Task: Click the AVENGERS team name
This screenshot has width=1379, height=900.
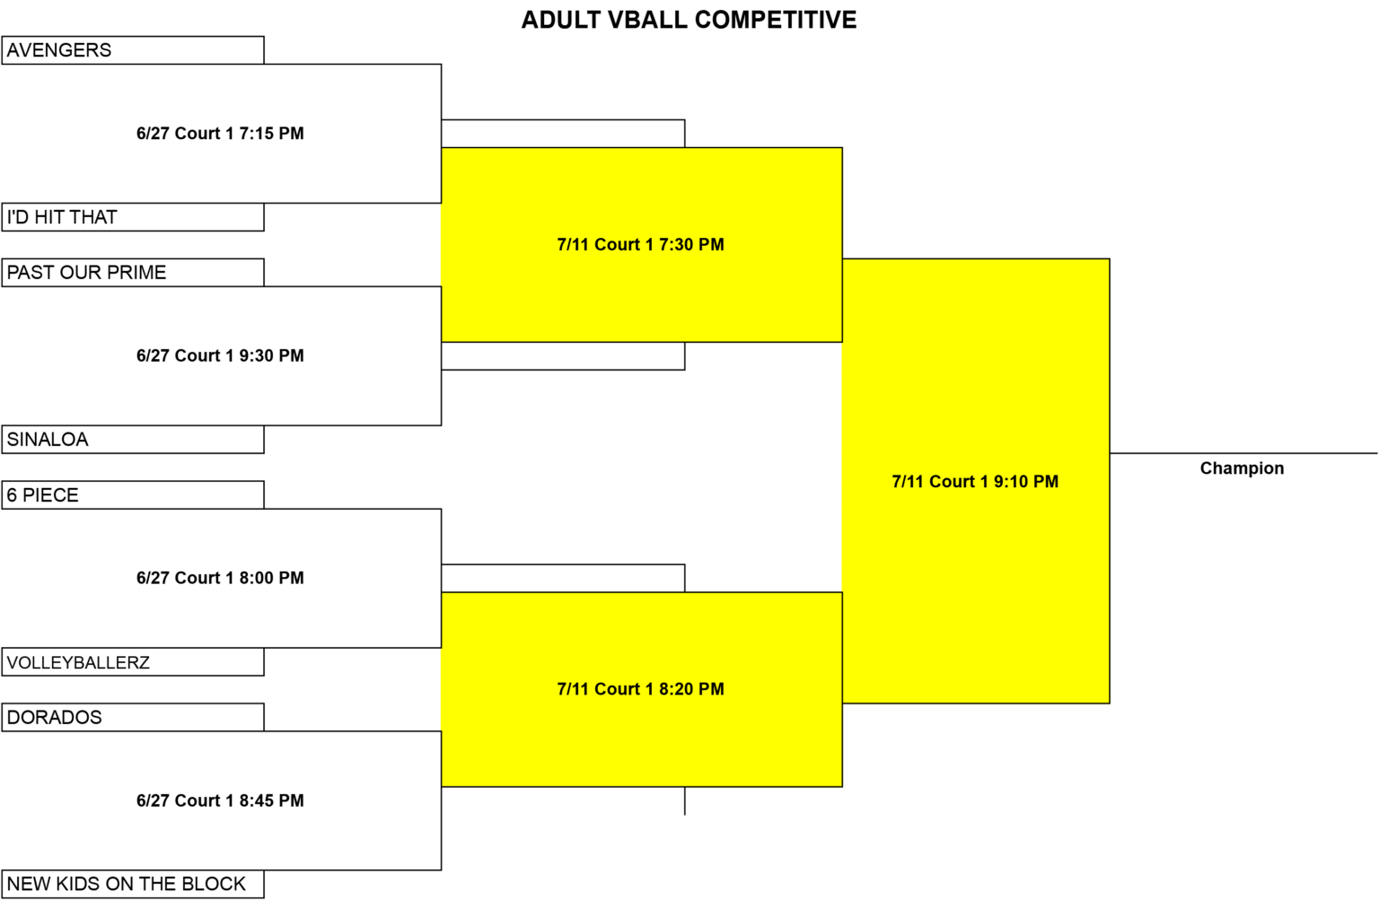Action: [59, 50]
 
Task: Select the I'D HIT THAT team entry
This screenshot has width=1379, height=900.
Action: [62, 217]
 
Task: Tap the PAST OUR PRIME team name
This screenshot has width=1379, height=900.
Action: [86, 273]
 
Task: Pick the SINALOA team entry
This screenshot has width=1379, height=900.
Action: [48, 440]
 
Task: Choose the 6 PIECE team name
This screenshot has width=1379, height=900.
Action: [42, 495]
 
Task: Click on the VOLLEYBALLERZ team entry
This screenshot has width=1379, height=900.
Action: [78, 662]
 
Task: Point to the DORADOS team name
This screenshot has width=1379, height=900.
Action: [54, 717]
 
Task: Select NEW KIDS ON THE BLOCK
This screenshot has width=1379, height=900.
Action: [127, 884]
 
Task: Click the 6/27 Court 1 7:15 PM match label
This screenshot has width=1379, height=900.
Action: [220, 134]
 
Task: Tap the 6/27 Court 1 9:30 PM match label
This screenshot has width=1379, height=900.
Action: [220, 355]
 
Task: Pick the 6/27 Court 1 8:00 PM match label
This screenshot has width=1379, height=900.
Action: [220, 578]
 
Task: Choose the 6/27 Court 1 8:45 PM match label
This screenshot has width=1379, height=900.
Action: [220, 800]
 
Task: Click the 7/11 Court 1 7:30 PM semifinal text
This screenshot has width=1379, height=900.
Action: [641, 245]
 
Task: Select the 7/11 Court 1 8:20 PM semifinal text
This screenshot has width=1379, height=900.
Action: [641, 689]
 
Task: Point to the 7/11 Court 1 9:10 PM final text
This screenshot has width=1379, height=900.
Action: [975, 482]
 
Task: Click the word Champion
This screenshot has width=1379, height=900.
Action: [1242, 468]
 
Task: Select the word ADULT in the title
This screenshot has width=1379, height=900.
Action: [561, 21]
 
